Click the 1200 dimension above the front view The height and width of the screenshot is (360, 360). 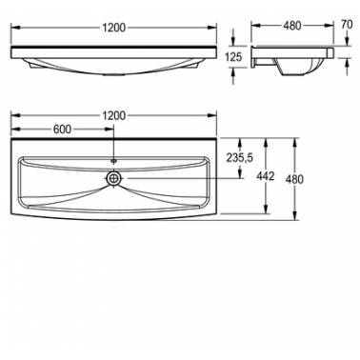click(114, 28)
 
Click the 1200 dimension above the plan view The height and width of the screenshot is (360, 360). click(114, 115)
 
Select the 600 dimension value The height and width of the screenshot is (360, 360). click(62, 130)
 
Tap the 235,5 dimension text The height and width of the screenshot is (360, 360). click(240, 157)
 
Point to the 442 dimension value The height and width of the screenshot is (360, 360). click(266, 176)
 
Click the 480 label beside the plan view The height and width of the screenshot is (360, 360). click(294, 179)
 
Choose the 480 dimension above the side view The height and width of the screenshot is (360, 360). click(291, 26)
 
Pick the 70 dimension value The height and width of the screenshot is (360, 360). click(346, 25)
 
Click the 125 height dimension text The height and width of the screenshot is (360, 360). click(233, 57)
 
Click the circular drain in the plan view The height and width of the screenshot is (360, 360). click(113, 178)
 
